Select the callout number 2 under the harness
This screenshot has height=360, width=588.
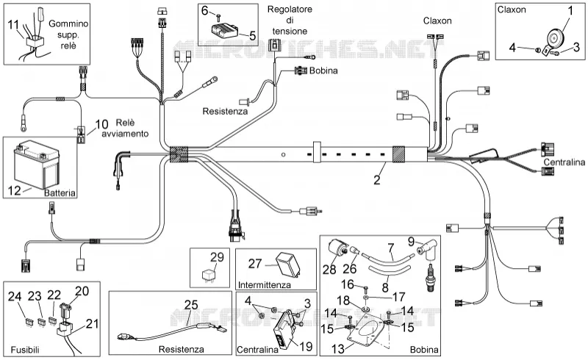377,179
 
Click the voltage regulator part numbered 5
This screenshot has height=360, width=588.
223,29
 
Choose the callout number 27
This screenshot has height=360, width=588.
254,263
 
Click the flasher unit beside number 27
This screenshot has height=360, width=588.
289,264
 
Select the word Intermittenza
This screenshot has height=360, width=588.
265,284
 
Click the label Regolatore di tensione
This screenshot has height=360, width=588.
290,20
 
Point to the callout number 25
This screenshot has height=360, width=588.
191,304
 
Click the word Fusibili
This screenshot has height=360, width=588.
25,350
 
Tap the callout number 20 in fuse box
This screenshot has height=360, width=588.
82,291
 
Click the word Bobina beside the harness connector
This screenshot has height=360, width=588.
323,71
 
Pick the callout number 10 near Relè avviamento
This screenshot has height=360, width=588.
101,124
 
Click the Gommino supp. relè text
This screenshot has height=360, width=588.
68,35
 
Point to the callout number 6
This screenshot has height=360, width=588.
205,10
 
